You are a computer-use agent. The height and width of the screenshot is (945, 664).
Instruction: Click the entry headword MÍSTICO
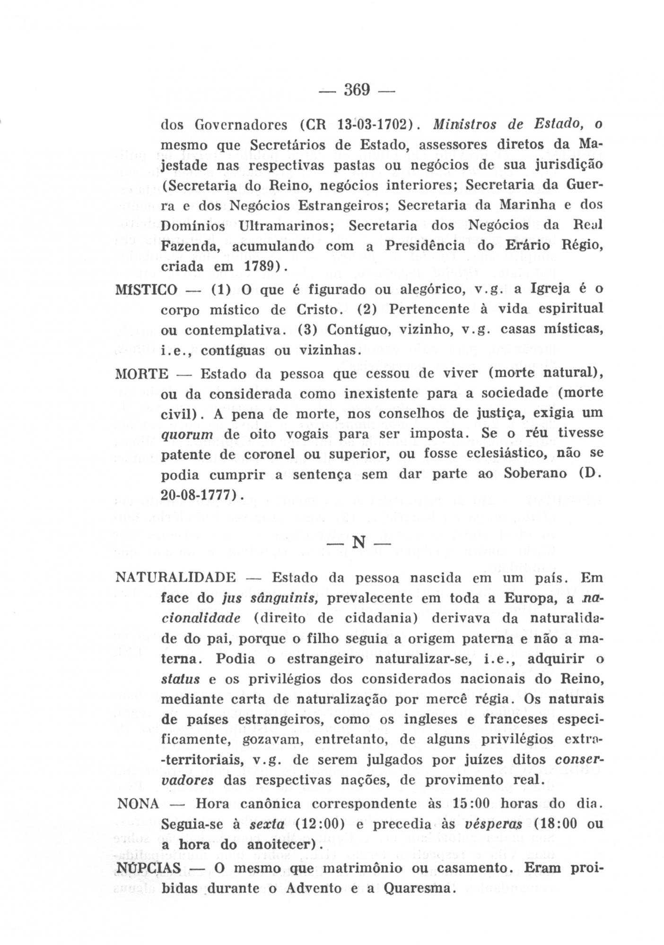point(146,290)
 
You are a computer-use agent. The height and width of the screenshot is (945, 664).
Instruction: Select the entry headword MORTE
point(142,375)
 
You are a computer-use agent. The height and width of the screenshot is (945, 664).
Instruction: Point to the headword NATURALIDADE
point(176,578)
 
